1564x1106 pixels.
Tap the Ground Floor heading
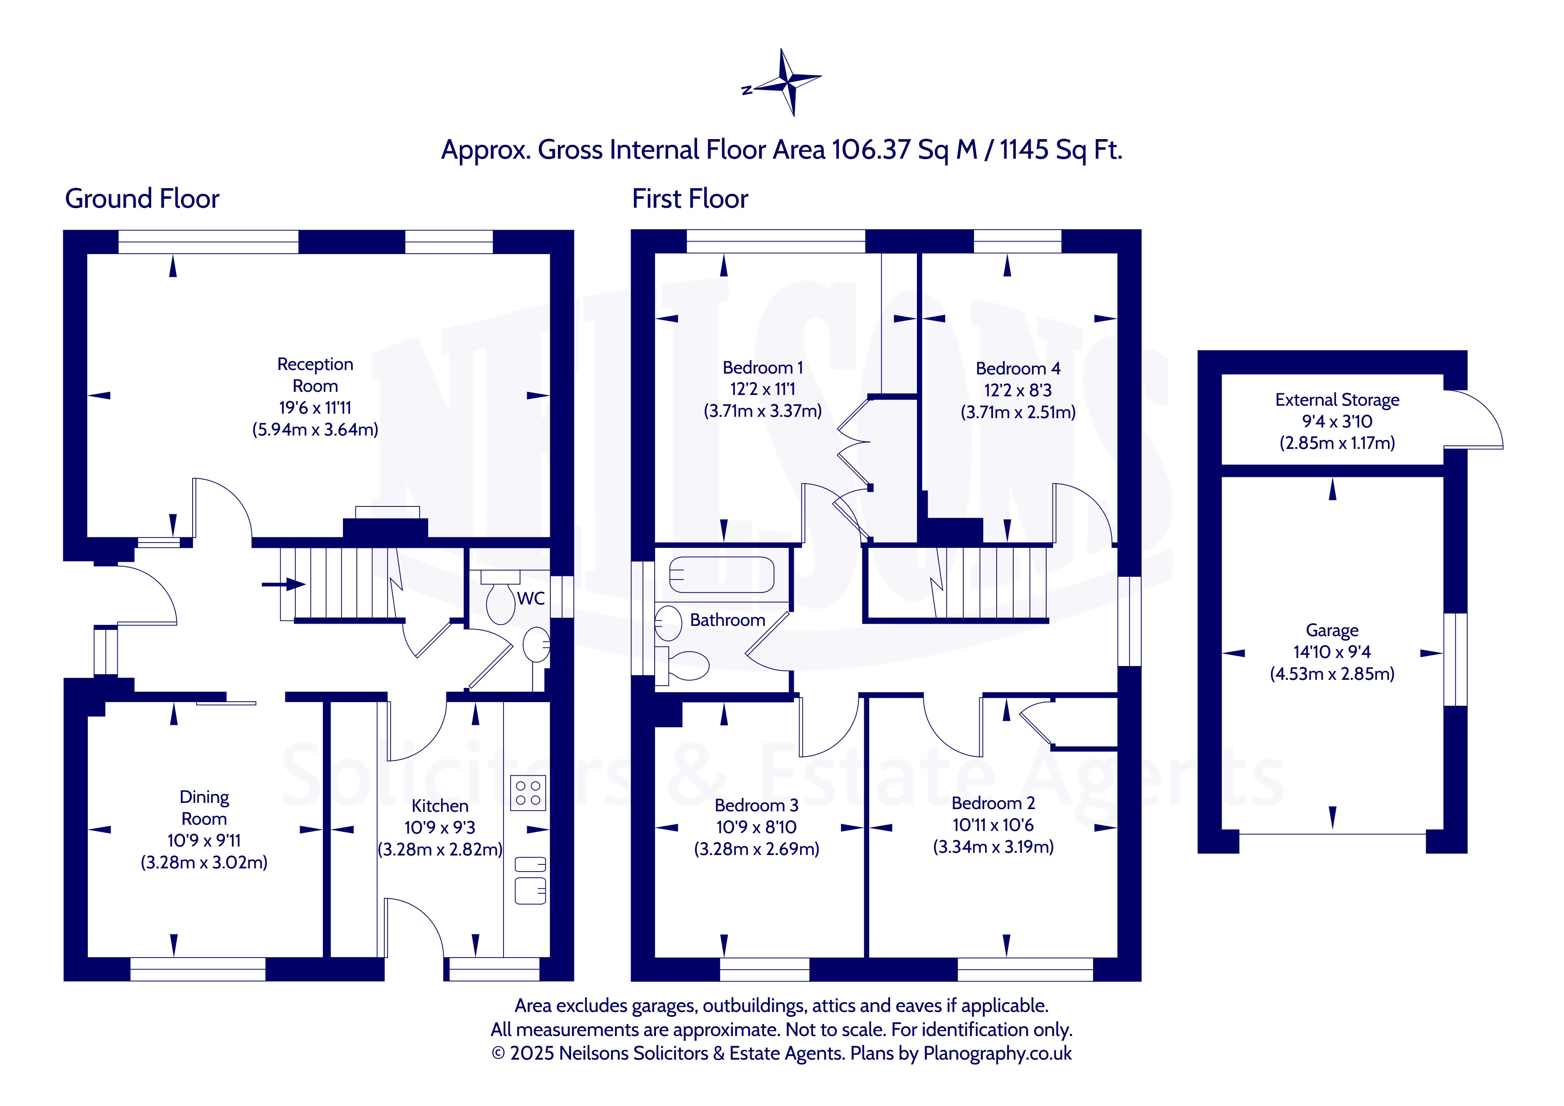142,199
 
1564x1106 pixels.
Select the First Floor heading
690,199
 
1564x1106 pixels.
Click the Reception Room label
315,375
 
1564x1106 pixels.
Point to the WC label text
531,599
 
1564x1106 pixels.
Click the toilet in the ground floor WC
501,597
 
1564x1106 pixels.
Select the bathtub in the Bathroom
722,574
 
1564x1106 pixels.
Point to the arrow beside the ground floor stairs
283,584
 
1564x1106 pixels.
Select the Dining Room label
204,808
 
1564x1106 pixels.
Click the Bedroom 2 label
993,804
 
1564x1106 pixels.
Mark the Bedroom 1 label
763,368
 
